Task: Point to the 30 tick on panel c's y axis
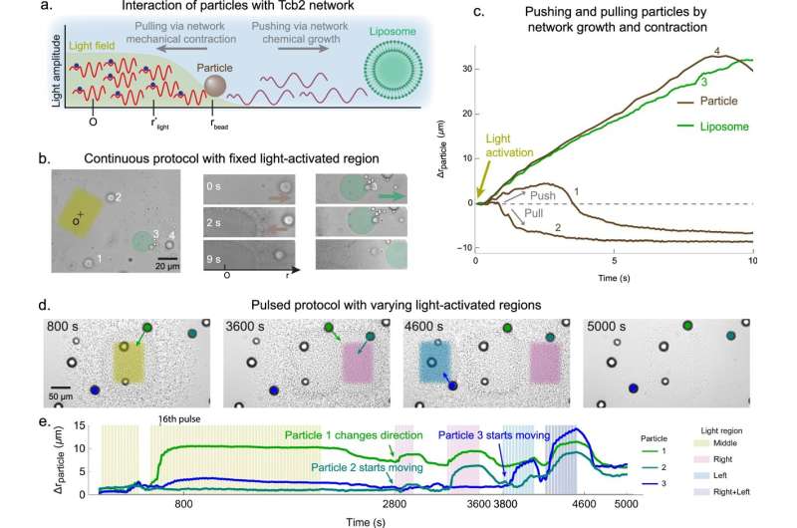464,68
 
